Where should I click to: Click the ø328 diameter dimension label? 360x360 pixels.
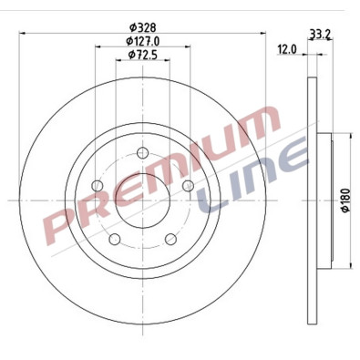(x=140, y=26)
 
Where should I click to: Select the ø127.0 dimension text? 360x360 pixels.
(x=140, y=41)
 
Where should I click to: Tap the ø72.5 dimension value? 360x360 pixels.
(x=140, y=56)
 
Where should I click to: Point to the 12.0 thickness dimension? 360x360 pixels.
(x=287, y=49)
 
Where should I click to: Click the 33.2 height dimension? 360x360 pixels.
(x=319, y=35)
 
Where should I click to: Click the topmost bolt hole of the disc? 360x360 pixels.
(x=140, y=154)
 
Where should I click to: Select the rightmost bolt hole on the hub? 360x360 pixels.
(x=188, y=186)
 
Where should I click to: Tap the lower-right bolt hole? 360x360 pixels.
(x=170, y=241)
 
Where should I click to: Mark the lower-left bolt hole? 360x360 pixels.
(x=115, y=241)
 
